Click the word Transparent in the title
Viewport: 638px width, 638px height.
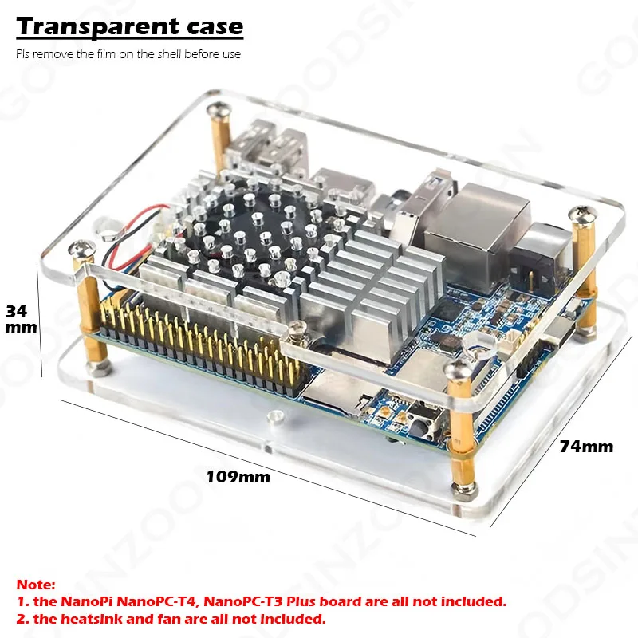coord(97,27)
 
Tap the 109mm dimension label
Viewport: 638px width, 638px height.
coord(238,477)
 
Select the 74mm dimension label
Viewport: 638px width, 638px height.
coord(586,447)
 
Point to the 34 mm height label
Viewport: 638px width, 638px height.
coord(22,320)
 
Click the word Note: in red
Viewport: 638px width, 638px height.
coord(36,585)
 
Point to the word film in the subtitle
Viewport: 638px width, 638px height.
coord(106,54)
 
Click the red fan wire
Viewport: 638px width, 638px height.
coord(134,222)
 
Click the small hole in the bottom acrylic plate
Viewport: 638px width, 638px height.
coord(275,415)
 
